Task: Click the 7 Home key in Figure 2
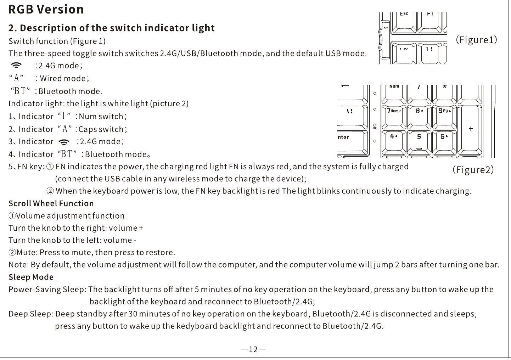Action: coord(394,115)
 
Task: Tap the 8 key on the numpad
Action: coord(419,115)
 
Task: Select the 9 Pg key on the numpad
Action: coord(444,115)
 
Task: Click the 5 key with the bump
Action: coord(419,140)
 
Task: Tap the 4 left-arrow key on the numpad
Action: coord(394,140)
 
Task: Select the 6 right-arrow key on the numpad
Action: coord(444,140)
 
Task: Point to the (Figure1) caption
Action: coord(476,40)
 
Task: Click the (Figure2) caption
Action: coord(473,170)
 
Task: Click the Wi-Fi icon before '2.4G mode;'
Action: coord(16,66)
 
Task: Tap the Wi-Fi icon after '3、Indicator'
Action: coord(64,142)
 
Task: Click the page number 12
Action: coord(253,349)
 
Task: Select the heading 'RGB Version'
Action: coord(46,10)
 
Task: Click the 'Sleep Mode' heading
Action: coord(31,277)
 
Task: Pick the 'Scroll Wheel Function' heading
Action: coord(51,203)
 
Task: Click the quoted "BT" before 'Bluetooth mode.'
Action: coord(21,91)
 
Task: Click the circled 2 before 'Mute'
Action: coord(12,253)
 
